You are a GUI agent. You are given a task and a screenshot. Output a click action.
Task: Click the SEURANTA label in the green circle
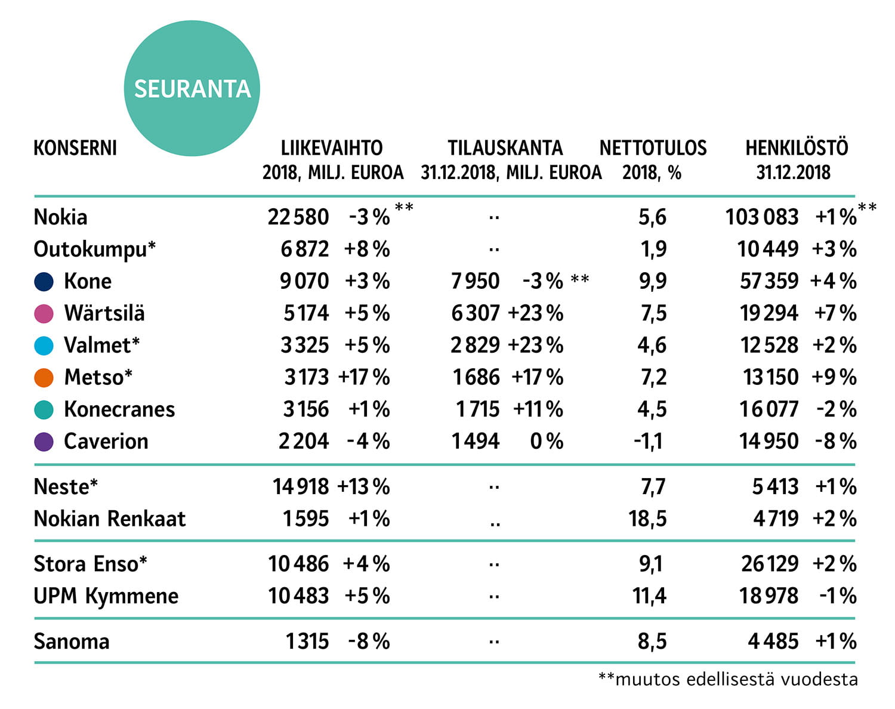coord(192,89)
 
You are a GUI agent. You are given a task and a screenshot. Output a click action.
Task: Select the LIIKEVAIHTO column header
coord(332,148)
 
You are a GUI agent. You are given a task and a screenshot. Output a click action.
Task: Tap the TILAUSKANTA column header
coord(505,148)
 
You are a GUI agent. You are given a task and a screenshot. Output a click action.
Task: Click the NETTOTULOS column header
coord(653,148)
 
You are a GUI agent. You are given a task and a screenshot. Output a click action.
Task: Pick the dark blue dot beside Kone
coord(44,282)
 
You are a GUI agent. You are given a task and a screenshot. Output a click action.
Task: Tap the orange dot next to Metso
coord(44,378)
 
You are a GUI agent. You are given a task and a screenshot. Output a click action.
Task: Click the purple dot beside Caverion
coord(44,442)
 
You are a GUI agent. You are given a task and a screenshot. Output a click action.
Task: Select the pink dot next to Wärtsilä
coord(44,314)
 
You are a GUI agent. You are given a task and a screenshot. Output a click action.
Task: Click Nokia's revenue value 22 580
coord(298,217)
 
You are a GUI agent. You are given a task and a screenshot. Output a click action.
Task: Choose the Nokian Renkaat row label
coord(109,519)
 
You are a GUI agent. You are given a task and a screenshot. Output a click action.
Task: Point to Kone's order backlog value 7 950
coord(476,281)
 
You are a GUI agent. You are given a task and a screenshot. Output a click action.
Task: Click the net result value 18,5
coord(647,519)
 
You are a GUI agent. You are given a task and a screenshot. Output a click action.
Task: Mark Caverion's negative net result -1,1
coord(648,442)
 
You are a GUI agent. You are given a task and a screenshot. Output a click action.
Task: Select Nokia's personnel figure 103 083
coord(762,217)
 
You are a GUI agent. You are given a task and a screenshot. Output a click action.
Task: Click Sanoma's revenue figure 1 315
coord(307,641)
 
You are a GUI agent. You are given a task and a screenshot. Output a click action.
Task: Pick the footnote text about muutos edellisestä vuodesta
coord(728,679)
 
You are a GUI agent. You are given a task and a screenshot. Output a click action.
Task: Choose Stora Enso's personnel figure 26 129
coord(770,564)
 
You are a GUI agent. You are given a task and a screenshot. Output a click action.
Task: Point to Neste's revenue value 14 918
coord(301,487)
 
